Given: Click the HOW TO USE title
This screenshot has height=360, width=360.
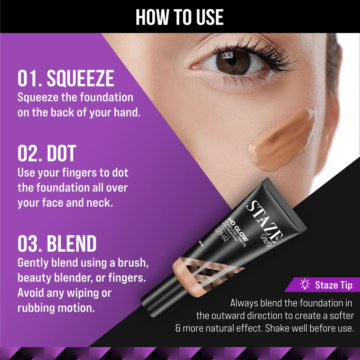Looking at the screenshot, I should [180, 17].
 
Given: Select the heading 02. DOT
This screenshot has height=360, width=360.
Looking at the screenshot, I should [47, 153].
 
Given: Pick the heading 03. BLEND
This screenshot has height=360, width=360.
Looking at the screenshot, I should [57, 244].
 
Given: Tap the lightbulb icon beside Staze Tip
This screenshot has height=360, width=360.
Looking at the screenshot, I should [305, 285].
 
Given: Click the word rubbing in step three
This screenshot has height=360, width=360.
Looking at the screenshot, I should [34, 308].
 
